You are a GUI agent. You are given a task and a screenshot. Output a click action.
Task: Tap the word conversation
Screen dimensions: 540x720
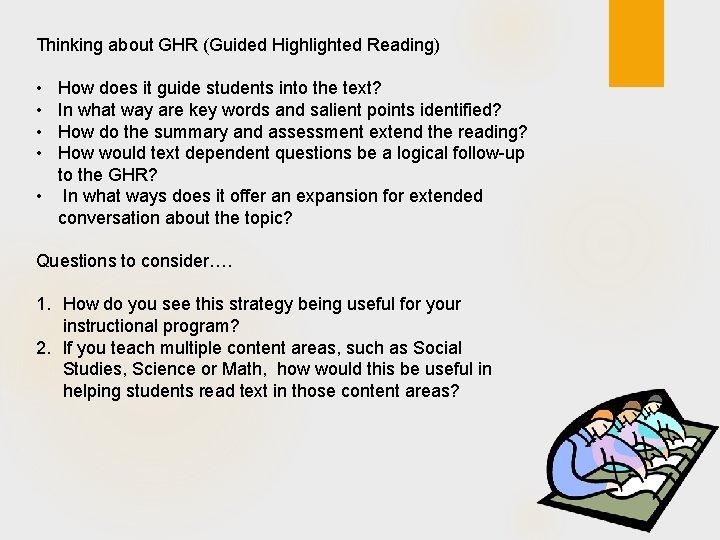click(x=110, y=217)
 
